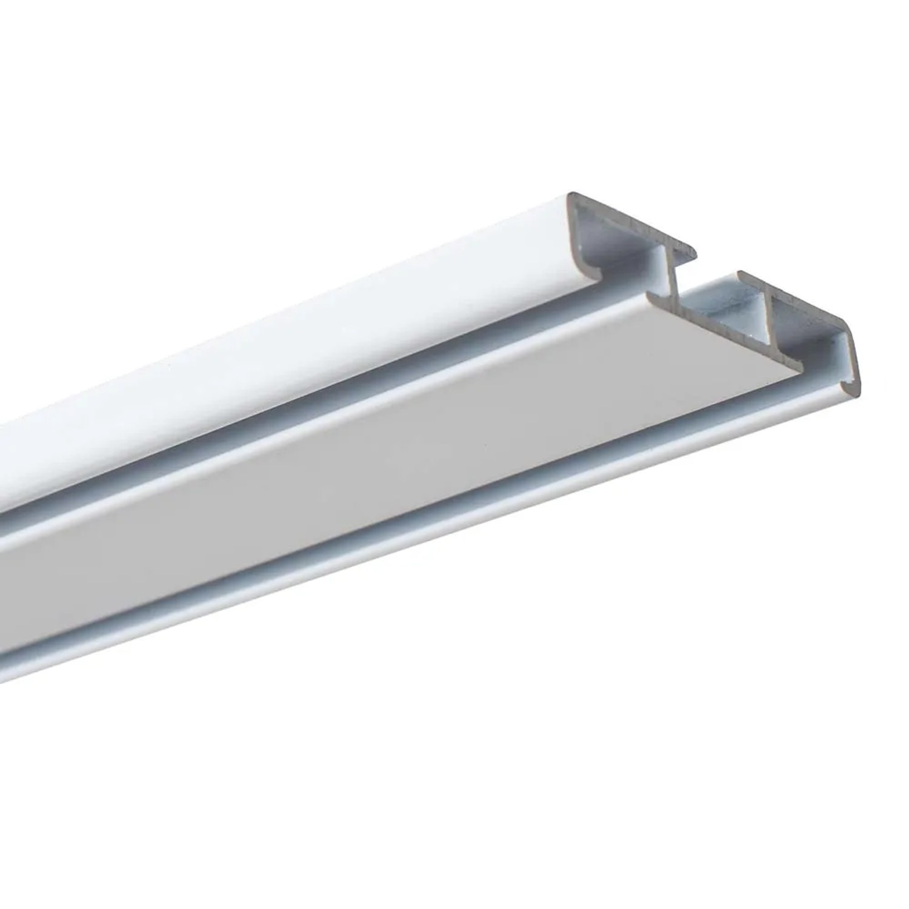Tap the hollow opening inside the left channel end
(612, 242)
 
